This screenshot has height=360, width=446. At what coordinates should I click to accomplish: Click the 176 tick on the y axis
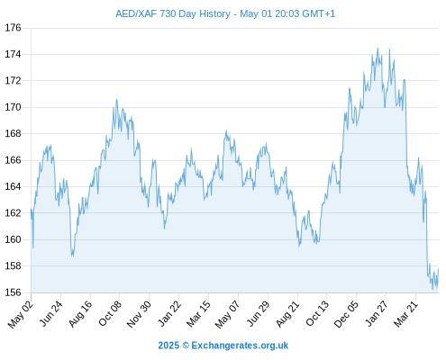click(x=13, y=28)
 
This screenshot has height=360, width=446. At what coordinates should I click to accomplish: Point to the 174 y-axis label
click(x=13, y=54)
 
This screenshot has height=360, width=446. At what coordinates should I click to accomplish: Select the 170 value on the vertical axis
click(x=13, y=107)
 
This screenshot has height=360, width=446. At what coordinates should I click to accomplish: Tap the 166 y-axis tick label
click(x=13, y=160)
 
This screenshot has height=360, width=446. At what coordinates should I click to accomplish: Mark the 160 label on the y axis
click(x=13, y=239)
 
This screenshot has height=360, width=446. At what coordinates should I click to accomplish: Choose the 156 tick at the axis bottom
click(x=13, y=292)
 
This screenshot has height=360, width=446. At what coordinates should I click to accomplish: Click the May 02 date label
click(x=21, y=314)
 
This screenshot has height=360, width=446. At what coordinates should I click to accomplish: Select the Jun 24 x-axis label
click(x=51, y=313)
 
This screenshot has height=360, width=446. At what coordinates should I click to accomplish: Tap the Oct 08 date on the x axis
click(x=110, y=313)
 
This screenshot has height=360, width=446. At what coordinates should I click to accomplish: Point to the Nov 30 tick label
click(x=139, y=313)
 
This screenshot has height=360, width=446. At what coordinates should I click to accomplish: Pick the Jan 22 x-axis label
click(x=169, y=313)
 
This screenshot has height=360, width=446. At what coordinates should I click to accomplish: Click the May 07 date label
click(x=228, y=314)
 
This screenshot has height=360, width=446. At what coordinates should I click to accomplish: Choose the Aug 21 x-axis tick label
click(x=288, y=313)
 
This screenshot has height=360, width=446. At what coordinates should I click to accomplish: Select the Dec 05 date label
click(x=346, y=313)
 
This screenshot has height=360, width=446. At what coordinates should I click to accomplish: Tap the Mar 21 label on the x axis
click(x=406, y=313)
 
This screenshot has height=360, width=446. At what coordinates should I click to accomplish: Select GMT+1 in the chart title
click(x=319, y=13)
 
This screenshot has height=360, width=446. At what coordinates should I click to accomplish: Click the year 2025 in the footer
click(x=168, y=346)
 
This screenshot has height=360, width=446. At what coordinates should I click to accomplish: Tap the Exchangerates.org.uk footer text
click(x=240, y=346)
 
